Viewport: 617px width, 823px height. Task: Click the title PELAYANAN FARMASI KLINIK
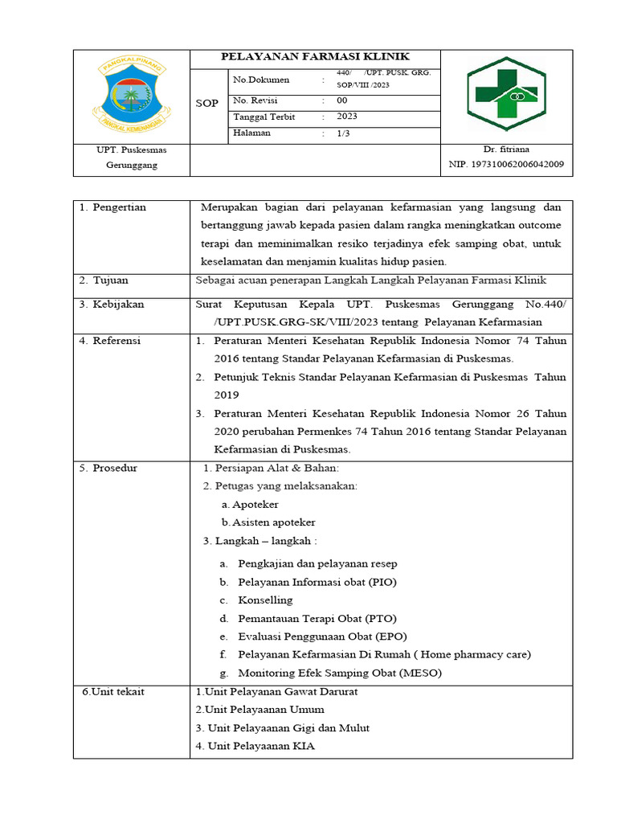[315, 57]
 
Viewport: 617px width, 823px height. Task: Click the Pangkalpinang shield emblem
[132, 94]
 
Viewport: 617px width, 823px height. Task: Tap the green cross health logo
[506, 94]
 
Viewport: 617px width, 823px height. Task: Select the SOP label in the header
[207, 104]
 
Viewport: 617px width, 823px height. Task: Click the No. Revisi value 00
[342, 101]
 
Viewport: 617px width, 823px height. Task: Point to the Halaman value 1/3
[344, 133]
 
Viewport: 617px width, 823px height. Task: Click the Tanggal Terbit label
[264, 117]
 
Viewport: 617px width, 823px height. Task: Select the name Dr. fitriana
[506, 149]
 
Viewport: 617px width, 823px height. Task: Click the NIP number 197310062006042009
[506, 166]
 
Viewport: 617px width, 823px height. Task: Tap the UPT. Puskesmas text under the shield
[132, 149]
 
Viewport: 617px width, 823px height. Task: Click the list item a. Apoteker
[250, 504]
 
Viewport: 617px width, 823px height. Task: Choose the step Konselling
[265, 600]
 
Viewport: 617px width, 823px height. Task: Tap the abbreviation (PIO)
[382, 582]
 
